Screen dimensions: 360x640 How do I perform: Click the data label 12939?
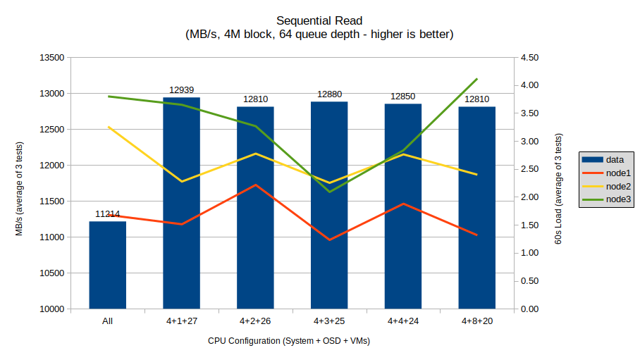pyautogui.click(x=181, y=90)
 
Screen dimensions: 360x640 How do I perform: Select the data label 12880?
pyautogui.click(x=329, y=94)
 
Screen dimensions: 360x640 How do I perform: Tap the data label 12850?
pyautogui.click(x=403, y=97)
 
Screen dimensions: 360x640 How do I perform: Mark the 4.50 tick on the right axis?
pyautogui.click(x=529, y=58)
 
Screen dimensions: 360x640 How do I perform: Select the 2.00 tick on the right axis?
pyautogui.click(x=529, y=197)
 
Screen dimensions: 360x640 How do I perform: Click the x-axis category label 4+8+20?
pyautogui.click(x=477, y=321)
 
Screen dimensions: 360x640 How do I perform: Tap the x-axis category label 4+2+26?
pyautogui.click(x=255, y=321)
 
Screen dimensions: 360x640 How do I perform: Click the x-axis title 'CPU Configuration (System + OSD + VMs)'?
pyautogui.click(x=289, y=341)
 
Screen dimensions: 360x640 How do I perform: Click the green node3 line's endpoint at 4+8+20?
pyautogui.click(x=477, y=79)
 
